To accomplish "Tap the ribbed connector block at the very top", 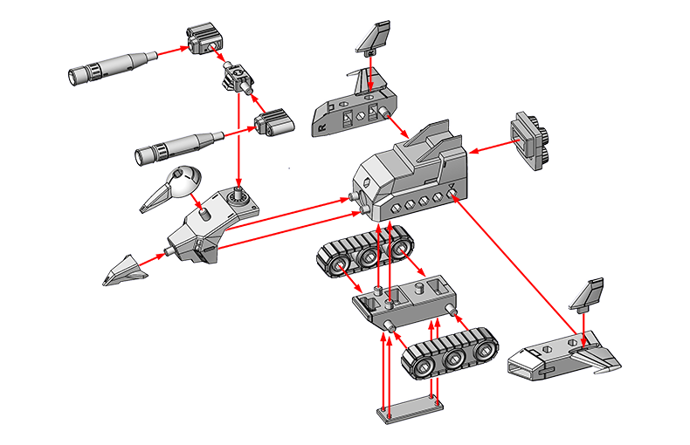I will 203,38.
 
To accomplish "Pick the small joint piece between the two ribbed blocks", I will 237,78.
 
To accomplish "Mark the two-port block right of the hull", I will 530,137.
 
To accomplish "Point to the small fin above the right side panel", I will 588,296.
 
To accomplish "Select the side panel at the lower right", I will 559,357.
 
